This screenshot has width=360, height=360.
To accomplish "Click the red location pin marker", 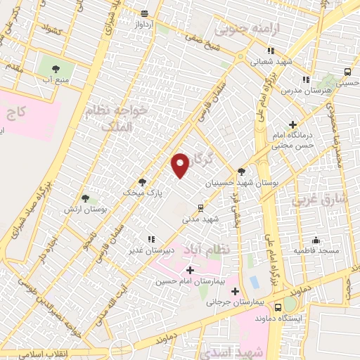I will [x=181, y=165].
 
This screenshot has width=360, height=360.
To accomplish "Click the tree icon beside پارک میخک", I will [x=142, y=181].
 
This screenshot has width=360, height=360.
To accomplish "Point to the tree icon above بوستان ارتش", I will [x=85, y=199].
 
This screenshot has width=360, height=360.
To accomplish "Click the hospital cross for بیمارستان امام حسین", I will [x=190, y=270].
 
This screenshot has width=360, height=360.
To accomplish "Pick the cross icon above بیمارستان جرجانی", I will [x=235, y=292].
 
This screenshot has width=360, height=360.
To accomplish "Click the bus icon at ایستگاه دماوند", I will [x=278, y=307].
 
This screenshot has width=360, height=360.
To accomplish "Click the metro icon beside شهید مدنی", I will [x=201, y=207].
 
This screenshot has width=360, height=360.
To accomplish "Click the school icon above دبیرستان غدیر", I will [x=149, y=239].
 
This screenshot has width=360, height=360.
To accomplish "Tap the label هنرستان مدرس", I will [x=296, y=91].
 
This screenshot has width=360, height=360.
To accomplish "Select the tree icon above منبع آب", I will [x=56, y=69].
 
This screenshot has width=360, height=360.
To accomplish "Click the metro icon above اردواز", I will [x=144, y=13].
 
